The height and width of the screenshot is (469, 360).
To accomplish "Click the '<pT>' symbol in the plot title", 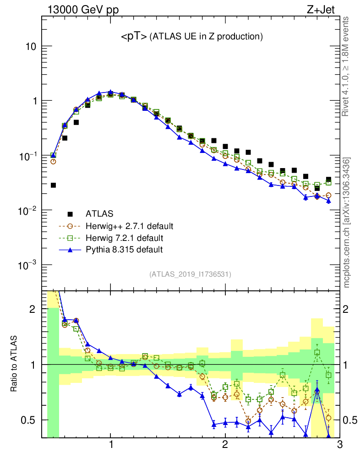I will click(x=134, y=36).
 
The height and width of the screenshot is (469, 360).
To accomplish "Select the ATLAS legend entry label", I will click(x=99, y=213).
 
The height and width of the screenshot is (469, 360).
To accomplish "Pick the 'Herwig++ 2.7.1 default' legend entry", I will click(x=129, y=226).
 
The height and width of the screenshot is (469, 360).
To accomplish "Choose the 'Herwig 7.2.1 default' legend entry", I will click(x=124, y=238).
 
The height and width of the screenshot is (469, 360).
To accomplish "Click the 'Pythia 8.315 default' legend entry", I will click(x=124, y=250).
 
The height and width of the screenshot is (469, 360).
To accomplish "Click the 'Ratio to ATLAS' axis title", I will click(x=15, y=364).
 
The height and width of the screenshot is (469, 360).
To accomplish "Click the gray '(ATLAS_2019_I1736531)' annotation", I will click(x=190, y=274).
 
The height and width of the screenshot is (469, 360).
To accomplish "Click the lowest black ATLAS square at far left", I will click(x=53, y=185).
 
